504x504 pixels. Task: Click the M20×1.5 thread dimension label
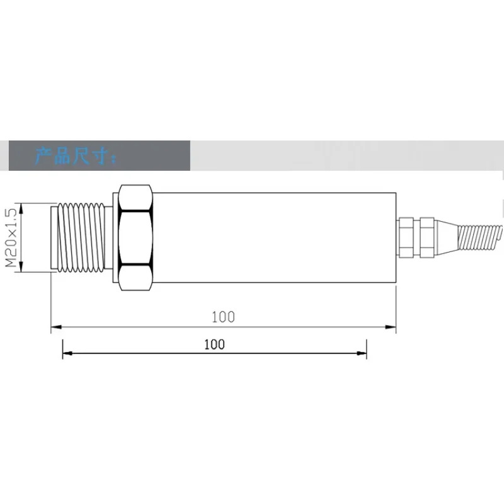pyautogui.click(x=11, y=238)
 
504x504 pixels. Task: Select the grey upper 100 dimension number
pyautogui.click(x=223, y=317)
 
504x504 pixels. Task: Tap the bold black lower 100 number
pyautogui.click(x=214, y=345)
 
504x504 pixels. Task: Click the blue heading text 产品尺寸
pyautogui.click(x=75, y=156)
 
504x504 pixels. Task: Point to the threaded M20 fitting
pyautogui.click(x=81, y=238)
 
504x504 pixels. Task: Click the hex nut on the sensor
pyautogui.click(x=135, y=238)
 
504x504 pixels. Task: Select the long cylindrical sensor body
pyautogui.click(x=274, y=238)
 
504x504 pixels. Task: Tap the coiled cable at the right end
pyautogui.click(x=480, y=238)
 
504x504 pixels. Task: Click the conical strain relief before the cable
pyautogui.click(x=447, y=238)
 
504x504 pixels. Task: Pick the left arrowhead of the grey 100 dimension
pyautogui.click(x=56, y=327)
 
